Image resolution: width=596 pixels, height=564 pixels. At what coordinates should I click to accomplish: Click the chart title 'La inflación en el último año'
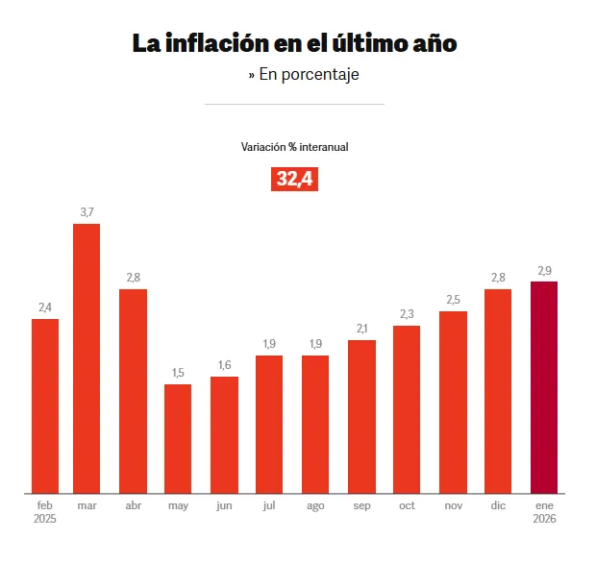(x=294, y=43)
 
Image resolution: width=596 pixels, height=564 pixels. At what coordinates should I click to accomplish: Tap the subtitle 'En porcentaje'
(x=304, y=74)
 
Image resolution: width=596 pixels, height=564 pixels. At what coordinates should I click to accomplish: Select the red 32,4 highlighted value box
(x=295, y=179)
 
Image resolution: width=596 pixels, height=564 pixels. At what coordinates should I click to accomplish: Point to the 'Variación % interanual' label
(x=294, y=147)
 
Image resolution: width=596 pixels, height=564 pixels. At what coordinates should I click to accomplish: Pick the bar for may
(x=178, y=438)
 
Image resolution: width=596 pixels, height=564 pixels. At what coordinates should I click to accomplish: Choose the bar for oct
(x=407, y=408)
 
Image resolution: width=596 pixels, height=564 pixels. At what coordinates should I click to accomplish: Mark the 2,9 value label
(x=544, y=270)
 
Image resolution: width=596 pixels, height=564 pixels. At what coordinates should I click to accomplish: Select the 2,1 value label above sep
(x=361, y=329)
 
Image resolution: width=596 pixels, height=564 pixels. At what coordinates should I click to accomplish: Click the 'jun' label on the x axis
(x=224, y=505)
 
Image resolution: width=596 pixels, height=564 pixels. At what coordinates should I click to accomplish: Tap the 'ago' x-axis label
(x=315, y=505)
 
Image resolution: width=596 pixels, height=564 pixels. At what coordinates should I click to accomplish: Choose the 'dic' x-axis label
(x=498, y=505)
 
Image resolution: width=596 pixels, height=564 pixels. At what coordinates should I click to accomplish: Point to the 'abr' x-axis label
(x=133, y=505)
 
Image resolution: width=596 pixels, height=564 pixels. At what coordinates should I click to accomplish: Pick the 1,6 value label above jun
(x=224, y=365)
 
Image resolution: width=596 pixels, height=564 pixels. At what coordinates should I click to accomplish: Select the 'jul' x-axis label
(x=269, y=505)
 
